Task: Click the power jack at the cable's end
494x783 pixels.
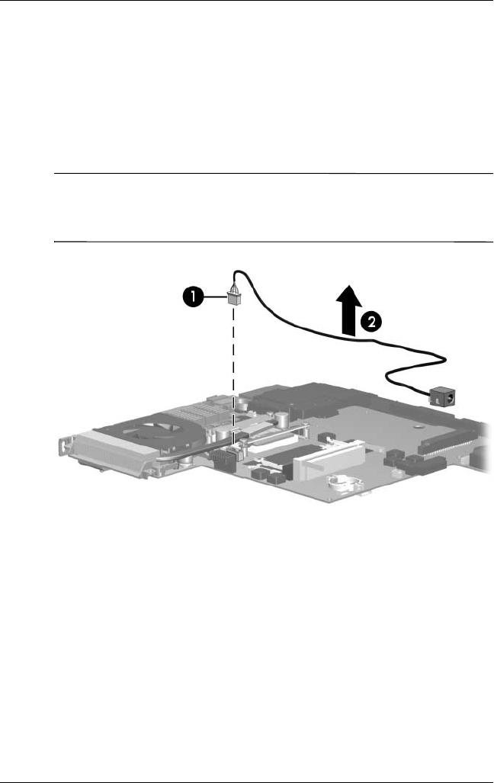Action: (442, 397)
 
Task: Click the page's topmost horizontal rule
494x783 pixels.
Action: (247, 2)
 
